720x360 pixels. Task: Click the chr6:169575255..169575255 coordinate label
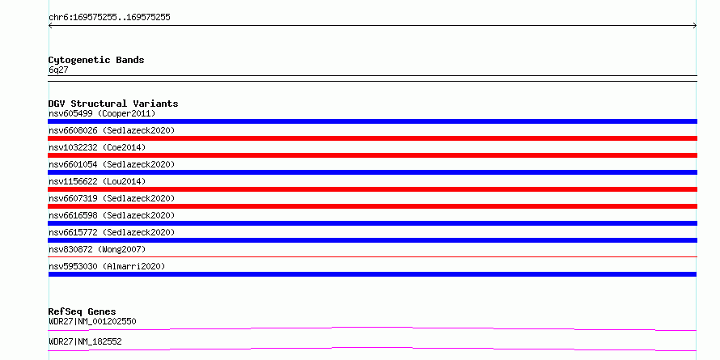click(109, 18)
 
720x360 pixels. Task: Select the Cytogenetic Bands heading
click(96, 60)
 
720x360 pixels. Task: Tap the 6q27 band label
click(58, 70)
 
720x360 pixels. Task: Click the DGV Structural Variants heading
click(113, 104)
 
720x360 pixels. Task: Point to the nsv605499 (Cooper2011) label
click(102, 113)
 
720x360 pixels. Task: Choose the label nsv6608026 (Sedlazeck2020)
click(112, 130)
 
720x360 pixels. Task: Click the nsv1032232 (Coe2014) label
click(97, 147)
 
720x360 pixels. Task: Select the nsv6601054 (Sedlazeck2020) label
click(112, 164)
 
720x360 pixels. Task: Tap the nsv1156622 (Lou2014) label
click(97, 181)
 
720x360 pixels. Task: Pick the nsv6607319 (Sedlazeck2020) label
click(112, 198)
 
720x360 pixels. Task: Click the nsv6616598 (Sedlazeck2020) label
click(112, 215)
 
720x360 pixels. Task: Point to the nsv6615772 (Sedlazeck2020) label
click(112, 232)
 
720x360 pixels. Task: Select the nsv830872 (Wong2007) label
click(97, 249)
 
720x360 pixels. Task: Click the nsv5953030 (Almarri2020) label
click(107, 266)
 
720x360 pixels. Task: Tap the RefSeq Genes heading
click(82, 311)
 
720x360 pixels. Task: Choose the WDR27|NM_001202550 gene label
click(92, 321)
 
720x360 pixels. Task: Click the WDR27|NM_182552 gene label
click(85, 341)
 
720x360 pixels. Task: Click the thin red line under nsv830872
click(372, 257)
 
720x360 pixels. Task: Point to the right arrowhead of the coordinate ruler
click(696, 26)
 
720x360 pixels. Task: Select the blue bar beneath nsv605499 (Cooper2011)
click(372, 121)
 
